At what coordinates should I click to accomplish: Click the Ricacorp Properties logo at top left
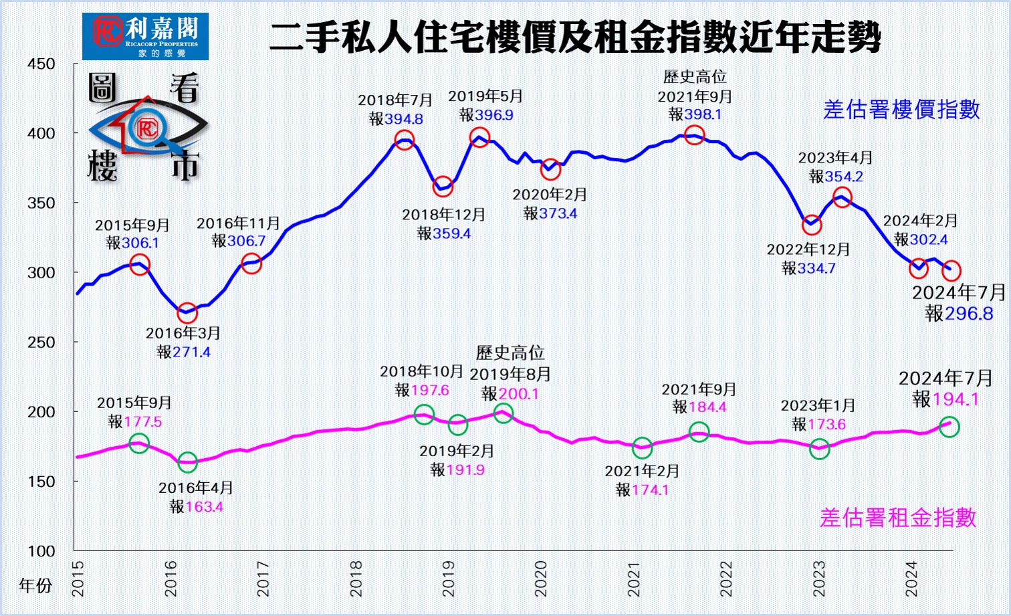pyautogui.click(x=145, y=36)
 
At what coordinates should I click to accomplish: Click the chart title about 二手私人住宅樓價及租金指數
pyautogui.click(x=574, y=37)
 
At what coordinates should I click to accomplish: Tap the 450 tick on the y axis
pyautogui.click(x=41, y=64)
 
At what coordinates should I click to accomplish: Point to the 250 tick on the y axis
pyautogui.click(x=41, y=342)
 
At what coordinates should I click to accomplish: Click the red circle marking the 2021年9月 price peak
pyautogui.click(x=695, y=134)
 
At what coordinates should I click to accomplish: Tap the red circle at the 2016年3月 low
pyautogui.click(x=187, y=312)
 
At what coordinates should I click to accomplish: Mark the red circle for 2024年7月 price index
pyautogui.click(x=951, y=271)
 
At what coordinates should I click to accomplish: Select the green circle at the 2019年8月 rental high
pyautogui.click(x=503, y=413)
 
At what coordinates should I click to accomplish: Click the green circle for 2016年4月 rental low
pyautogui.click(x=188, y=461)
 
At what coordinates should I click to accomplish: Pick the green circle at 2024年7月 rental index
pyautogui.click(x=949, y=427)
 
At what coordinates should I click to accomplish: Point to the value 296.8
pyautogui.click(x=969, y=313)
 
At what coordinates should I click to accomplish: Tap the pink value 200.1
pyautogui.click(x=519, y=394)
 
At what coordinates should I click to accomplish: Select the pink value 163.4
pyautogui.click(x=204, y=507)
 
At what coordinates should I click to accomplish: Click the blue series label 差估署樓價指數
pyautogui.click(x=901, y=110)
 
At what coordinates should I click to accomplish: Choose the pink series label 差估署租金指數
pyautogui.click(x=898, y=518)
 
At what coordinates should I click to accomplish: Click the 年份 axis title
pyautogui.click(x=35, y=586)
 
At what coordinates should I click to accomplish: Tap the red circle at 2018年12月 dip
pyautogui.click(x=443, y=187)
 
